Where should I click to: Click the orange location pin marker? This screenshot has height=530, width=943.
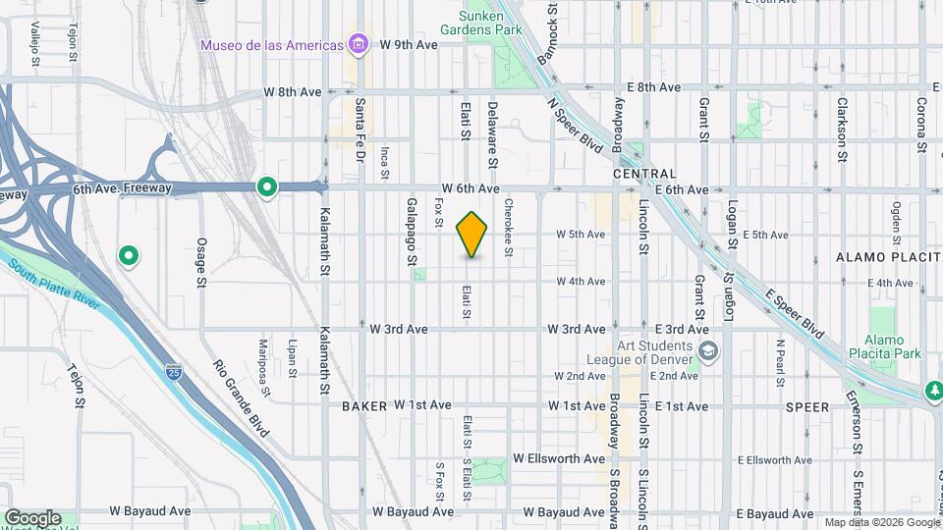472,234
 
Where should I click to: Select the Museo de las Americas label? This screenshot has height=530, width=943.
272,45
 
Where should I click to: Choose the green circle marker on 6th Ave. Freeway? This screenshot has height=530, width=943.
266,187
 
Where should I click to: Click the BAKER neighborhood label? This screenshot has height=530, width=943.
363,405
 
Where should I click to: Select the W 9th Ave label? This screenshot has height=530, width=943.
409,45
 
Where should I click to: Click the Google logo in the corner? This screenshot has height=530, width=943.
32,517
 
